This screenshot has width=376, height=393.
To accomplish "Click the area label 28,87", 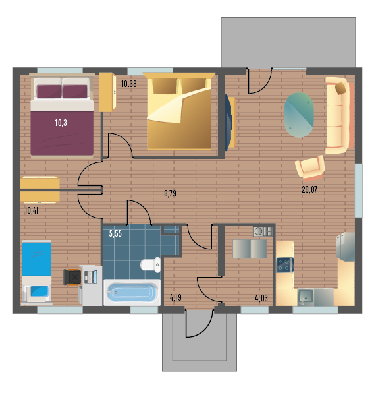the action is [x=309, y=189].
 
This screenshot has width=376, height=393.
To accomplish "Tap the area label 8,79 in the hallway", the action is [x=171, y=193].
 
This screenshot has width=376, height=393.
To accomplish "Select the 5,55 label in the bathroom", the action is [x=115, y=233].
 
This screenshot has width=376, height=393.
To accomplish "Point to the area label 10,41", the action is [x=32, y=210].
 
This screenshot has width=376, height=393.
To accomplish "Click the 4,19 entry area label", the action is [x=175, y=298].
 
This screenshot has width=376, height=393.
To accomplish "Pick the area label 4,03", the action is [x=261, y=298].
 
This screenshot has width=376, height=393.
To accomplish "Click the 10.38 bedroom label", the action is [x=129, y=84].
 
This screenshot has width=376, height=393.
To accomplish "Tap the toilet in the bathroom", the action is [x=150, y=264].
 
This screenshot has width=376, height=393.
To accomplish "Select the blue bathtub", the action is [x=132, y=292].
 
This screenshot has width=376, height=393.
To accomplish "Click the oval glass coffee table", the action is [x=299, y=115].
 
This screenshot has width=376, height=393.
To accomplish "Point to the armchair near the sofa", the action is [x=310, y=168].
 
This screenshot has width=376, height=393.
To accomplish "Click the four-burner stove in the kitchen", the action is [x=285, y=265].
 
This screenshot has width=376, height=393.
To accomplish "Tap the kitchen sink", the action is [x=306, y=297].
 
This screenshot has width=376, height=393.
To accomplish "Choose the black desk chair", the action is [x=72, y=277].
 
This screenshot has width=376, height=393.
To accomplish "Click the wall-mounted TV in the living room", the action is [x=230, y=123].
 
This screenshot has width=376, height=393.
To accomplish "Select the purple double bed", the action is [x=62, y=116].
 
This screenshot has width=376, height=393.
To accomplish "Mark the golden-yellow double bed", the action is [x=179, y=111].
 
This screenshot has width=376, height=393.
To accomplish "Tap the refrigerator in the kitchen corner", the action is [x=346, y=247].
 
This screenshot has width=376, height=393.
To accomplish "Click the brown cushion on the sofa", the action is [x=340, y=88].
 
